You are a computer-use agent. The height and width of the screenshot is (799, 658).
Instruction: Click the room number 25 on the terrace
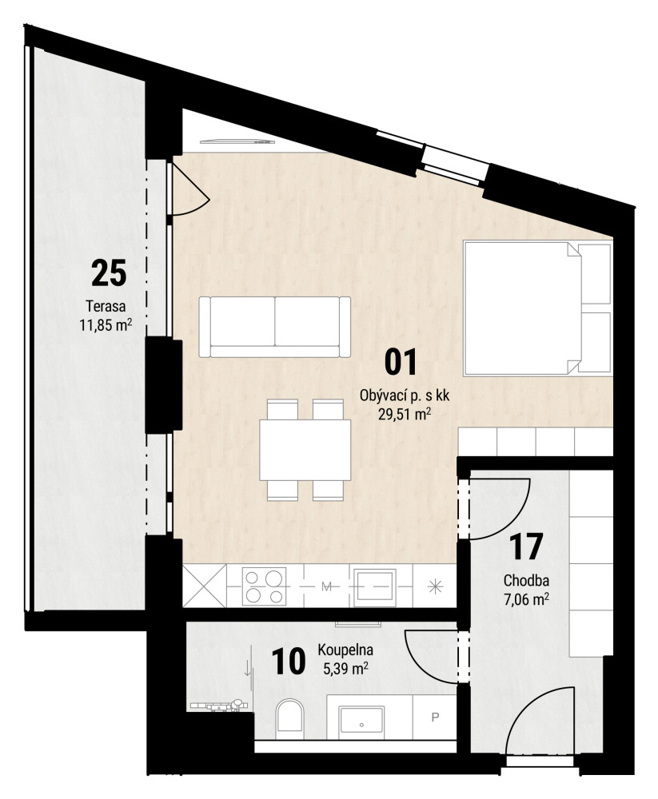(x=109, y=272)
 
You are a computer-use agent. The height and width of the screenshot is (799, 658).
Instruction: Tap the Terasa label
(x=106, y=307)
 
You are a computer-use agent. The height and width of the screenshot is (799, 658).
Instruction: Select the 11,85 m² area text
(x=106, y=324)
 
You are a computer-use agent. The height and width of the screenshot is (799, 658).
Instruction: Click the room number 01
(x=401, y=362)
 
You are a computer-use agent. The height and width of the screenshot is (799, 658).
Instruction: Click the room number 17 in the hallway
(x=526, y=547)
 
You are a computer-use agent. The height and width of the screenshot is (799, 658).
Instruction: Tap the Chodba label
(x=526, y=580)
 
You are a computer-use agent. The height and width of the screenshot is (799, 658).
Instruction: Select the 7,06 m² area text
(x=526, y=600)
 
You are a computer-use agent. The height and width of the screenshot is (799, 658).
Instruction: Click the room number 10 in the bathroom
(x=289, y=661)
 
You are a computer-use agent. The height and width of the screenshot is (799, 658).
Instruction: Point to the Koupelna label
(x=345, y=650)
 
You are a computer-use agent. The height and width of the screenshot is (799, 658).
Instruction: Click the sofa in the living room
(x=274, y=327)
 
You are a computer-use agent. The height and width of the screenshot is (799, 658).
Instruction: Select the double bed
(x=537, y=308)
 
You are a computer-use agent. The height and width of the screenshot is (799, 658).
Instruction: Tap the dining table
(x=305, y=449)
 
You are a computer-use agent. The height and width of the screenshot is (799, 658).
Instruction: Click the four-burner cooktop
(x=264, y=586)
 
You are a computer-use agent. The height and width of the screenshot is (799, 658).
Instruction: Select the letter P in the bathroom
(x=435, y=717)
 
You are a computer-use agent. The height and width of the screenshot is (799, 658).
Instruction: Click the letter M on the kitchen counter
(x=326, y=586)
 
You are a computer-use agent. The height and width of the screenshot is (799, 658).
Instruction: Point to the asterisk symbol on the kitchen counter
(x=435, y=586)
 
